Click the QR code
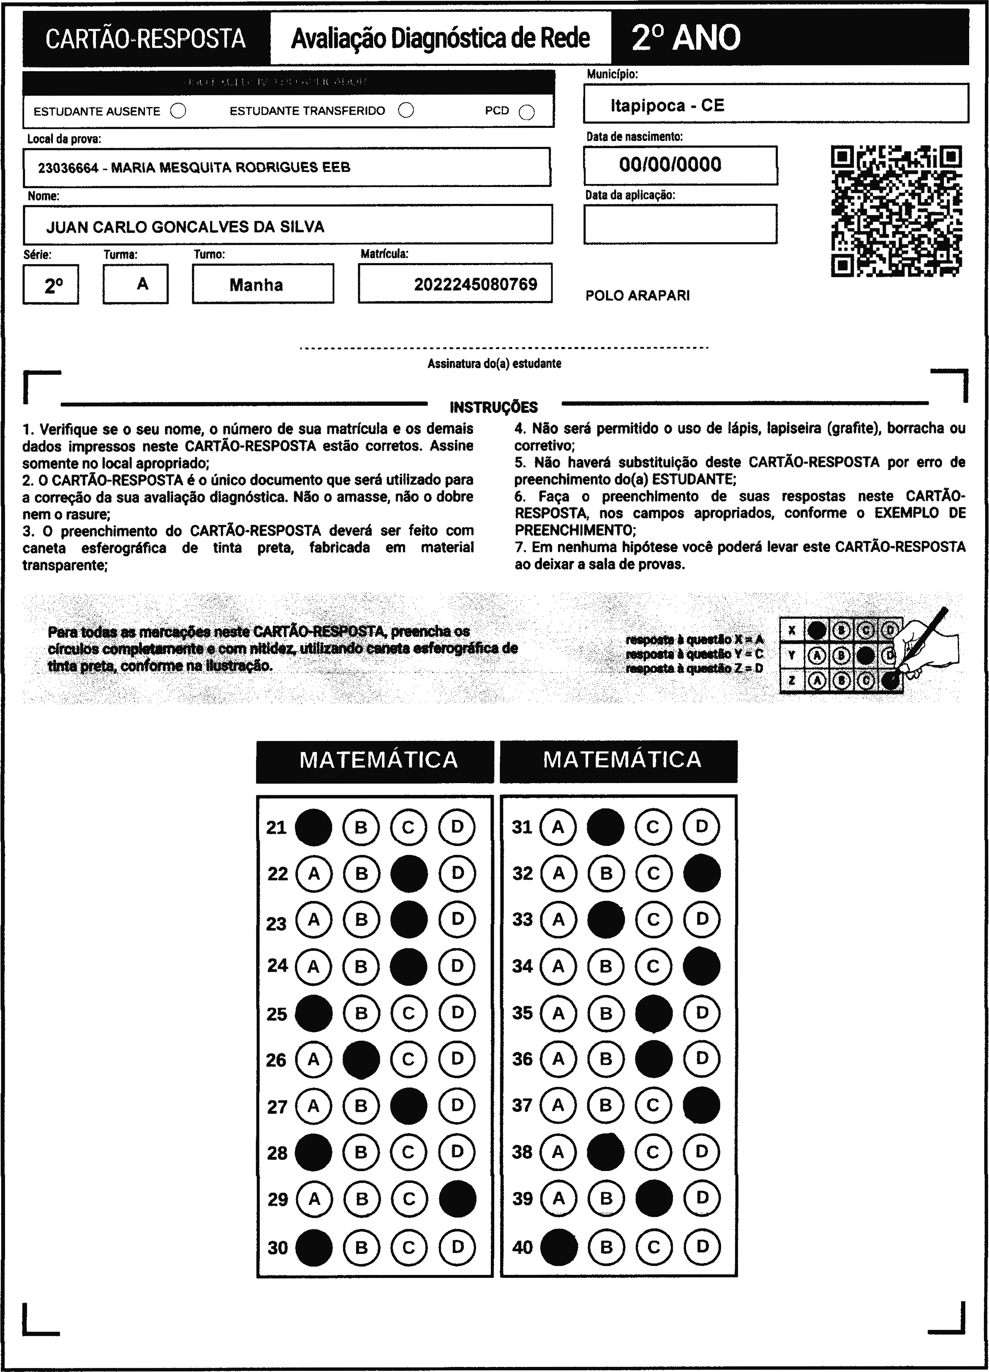coord(896,211)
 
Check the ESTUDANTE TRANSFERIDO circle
coord(406,110)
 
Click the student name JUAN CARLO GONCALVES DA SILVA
coord(185,227)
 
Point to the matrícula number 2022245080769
coord(475,285)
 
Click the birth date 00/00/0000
coord(670,165)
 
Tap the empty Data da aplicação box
coord(680,224)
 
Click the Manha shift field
coord(256,285)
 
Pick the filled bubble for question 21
coord(313,827)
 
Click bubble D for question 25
coord(457,1013)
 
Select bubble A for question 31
coord(558,827)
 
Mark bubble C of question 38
coord(653,1152)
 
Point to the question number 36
coord(522,1059)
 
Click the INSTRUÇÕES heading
coord(493,407)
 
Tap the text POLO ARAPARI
coord(638,296)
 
